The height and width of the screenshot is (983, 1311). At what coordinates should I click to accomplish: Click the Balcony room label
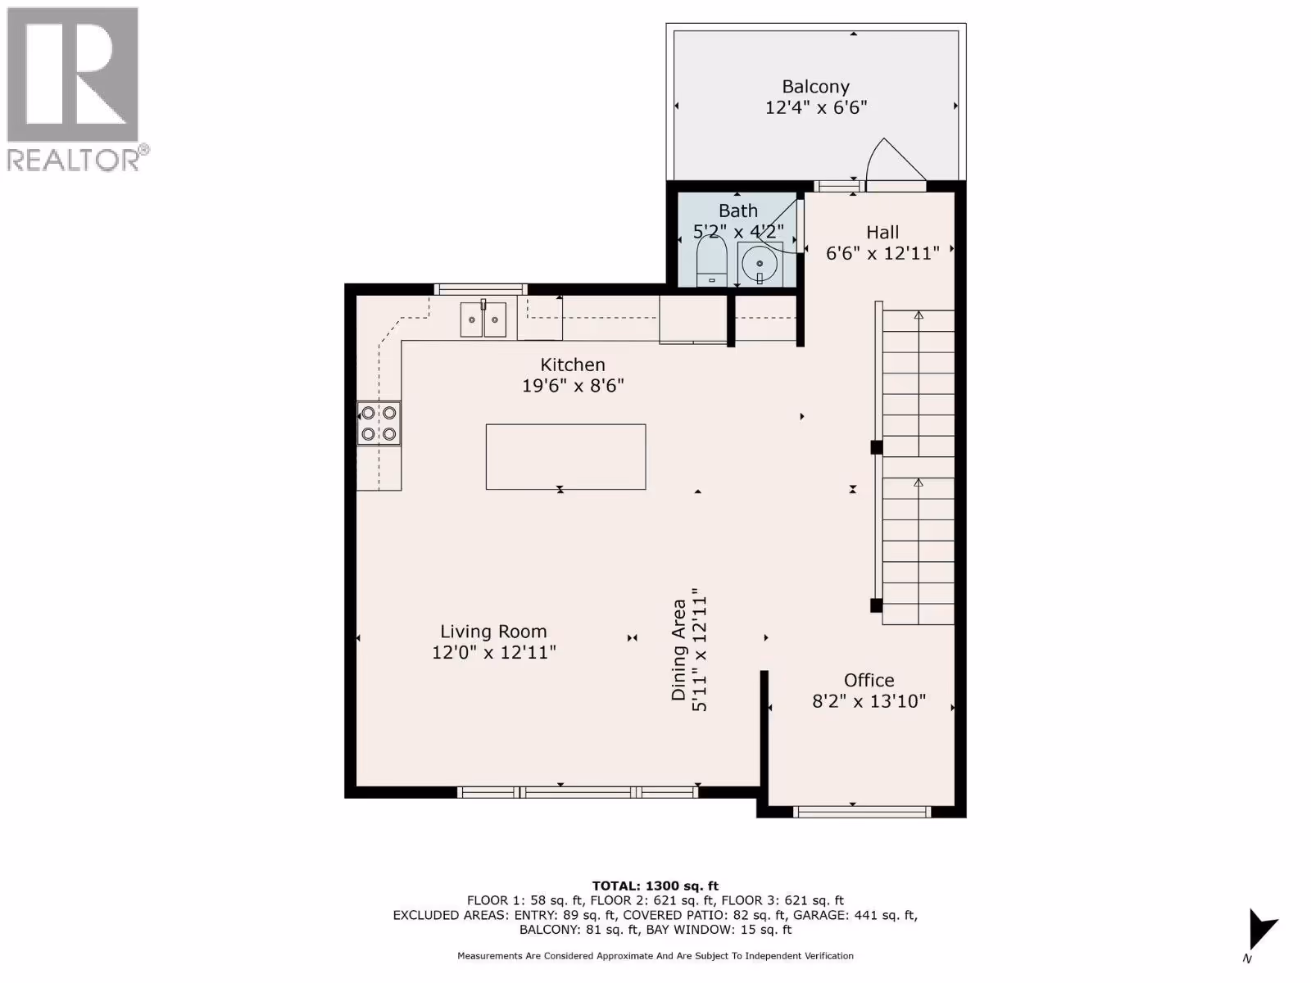click(816, 87)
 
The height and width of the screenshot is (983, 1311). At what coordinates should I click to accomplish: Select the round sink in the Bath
click(760, 264)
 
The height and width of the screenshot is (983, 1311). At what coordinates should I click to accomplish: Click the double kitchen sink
click(483, 319)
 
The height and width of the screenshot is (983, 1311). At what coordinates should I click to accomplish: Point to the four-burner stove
click(379, 424)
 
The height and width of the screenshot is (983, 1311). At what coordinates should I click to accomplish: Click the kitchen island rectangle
click(565, 457)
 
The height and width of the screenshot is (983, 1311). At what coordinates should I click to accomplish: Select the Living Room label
click(493, 632)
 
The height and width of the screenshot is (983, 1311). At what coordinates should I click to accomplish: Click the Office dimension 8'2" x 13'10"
click(869, 701)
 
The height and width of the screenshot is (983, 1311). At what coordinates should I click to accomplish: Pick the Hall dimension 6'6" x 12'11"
click(882, 254)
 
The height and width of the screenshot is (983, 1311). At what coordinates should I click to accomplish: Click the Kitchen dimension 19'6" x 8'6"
click(573, 386)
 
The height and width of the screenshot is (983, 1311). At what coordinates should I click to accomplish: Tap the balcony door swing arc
click(874, 156)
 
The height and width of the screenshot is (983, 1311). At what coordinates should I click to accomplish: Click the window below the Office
click(862, 812)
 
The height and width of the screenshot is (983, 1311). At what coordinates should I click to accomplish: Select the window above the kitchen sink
click(481, 289)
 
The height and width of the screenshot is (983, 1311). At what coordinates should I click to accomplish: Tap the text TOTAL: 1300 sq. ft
click(655, 886)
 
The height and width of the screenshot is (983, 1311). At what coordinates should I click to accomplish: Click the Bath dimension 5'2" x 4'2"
click(738, 231)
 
